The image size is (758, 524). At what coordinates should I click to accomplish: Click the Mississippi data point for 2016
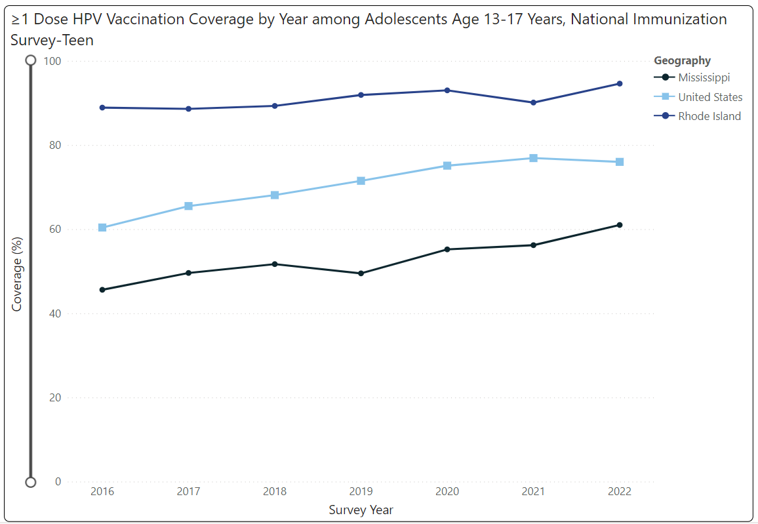(x=102, y=290)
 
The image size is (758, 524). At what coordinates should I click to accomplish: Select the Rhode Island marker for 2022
(x=619, y=83)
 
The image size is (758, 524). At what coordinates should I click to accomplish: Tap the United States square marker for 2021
(x=533, y=158)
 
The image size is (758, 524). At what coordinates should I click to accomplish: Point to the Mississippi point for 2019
(x=361, y=273)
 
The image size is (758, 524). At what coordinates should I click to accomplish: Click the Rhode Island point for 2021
(x=533, y=102)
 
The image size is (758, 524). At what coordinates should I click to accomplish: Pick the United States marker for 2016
(x=102, y=228)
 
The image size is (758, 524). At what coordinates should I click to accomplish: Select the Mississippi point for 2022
(x=619, y=225)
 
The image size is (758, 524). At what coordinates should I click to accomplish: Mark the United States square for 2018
(x=275, y=195)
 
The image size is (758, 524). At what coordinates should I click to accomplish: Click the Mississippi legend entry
(x=704, y=77)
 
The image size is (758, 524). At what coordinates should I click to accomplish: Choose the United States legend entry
(x=710, y=97)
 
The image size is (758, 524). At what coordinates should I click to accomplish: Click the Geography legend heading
(x=682, y=60)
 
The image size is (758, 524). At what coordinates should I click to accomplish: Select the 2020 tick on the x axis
(x=447, y=491)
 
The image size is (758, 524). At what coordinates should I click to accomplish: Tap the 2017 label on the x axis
(x=188, y=491)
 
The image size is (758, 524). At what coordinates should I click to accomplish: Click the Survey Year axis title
(x=361, y=510)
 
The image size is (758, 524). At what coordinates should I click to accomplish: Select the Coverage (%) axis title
(x=17, y=274)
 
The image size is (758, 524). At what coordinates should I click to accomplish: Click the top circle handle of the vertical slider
(x=30, y=60)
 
